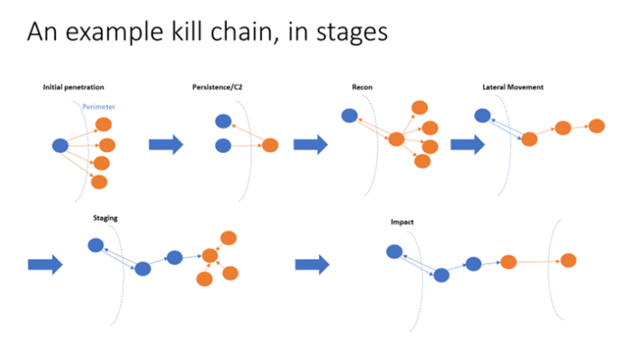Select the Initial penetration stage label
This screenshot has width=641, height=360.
(73, 88)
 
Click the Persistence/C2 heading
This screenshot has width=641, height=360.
(215, 88)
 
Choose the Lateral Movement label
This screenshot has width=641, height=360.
(513, 88)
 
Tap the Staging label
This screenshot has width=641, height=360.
(105, 218)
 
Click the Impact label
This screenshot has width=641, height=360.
(402, 222)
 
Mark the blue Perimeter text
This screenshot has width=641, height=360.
(98, 107)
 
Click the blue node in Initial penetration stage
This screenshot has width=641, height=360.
(60, 146)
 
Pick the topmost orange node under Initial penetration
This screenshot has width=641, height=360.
(103, 124)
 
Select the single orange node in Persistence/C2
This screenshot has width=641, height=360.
(270, 145)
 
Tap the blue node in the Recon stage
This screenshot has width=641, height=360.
(349, 116)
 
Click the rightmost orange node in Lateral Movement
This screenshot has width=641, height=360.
(596, 126)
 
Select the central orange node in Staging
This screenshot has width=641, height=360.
(209, 256)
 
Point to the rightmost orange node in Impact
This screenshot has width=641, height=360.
(568, 261)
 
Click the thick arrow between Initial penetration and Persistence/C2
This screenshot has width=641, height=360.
(166, 145)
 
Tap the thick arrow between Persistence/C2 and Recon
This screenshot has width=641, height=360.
(310, 145)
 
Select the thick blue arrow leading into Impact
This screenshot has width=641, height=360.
(312, 265)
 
